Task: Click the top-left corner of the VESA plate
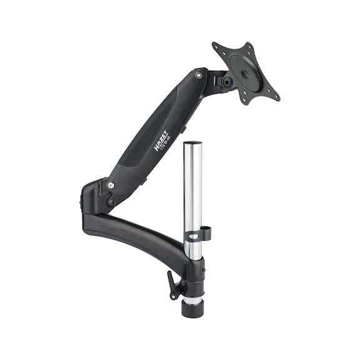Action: (x=216, y=46)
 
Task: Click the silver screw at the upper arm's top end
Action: (x=198, y=75)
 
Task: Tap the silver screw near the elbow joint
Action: (x=111, y=184)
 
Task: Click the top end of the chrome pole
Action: (x=194, y=146)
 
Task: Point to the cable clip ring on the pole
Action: (x=199, y=236)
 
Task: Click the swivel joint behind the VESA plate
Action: (x=225, y=79)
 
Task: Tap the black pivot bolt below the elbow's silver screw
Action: (x=111, y=201)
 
